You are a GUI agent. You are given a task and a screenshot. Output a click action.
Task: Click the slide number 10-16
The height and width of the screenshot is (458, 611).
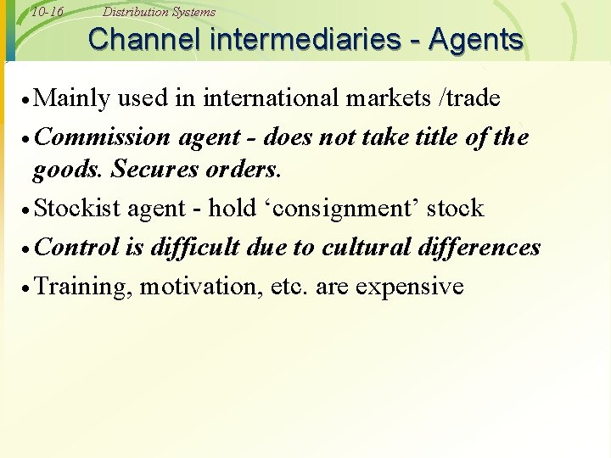(x=47, y=12)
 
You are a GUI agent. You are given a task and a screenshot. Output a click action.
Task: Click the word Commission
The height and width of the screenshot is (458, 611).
(x=101, y=137)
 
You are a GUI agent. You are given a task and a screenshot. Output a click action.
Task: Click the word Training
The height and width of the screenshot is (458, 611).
(x=84, y=287)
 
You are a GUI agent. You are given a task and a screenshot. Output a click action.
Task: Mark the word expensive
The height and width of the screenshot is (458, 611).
(x=410, y=287)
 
